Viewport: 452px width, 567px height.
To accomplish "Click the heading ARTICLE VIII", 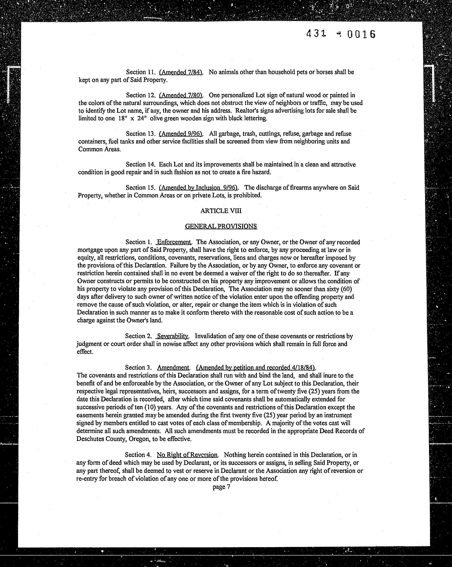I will point(221,211).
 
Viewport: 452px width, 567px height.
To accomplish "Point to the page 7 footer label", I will point(221,487).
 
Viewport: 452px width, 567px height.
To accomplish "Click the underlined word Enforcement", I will point(174,242).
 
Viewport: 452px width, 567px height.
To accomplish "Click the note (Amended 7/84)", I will point(181,72).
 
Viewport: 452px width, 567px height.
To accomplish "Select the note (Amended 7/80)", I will point(181,95).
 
